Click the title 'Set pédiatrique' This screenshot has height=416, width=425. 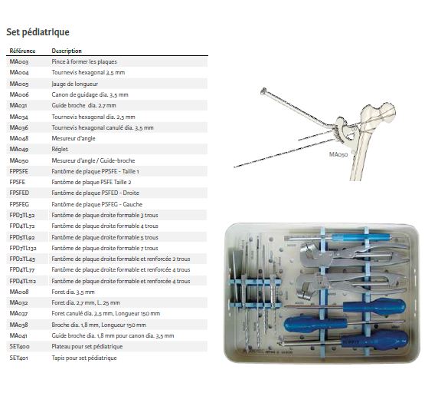pyautogui.click(x=38, y=32)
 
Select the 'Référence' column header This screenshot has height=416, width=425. pyautogui.click(x=22, y=51)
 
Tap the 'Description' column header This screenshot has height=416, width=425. pyautogui.click(x=67, y=51)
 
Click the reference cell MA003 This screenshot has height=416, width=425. pyautogui.click(x=19, y=61)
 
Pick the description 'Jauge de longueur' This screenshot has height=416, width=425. pyautogui.click(x=75, y=84)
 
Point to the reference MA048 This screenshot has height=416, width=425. pyautogui.click(x=19, y=138)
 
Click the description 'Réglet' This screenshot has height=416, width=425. pyautogui.click(x=60, y=149)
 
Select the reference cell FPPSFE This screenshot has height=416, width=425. pyautogui.click(x=18, y=171)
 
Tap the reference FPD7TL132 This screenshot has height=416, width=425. pyautogui.click(x=23, y=248)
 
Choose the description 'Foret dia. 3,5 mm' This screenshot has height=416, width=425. pyautogui.click(x=74, y=292)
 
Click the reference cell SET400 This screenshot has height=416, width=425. pyautogui.click(x=19, y=346)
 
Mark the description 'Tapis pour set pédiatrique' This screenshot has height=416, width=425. pyautogui.click(x=84, y=358)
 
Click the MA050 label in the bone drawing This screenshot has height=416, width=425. pyautogui.click(x=338, y=154)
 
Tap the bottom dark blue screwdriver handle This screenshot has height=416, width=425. pyautogui.click(x=374, y=340)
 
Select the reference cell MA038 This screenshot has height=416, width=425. pyautogui.click(x=18, y=325)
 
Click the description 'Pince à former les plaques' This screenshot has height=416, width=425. pyautogui.click(x=84, y=61)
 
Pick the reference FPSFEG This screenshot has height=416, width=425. pyautogui.click(x=19, y=204)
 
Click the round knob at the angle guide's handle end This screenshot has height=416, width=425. pyautogui.click(x=263, y=91)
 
